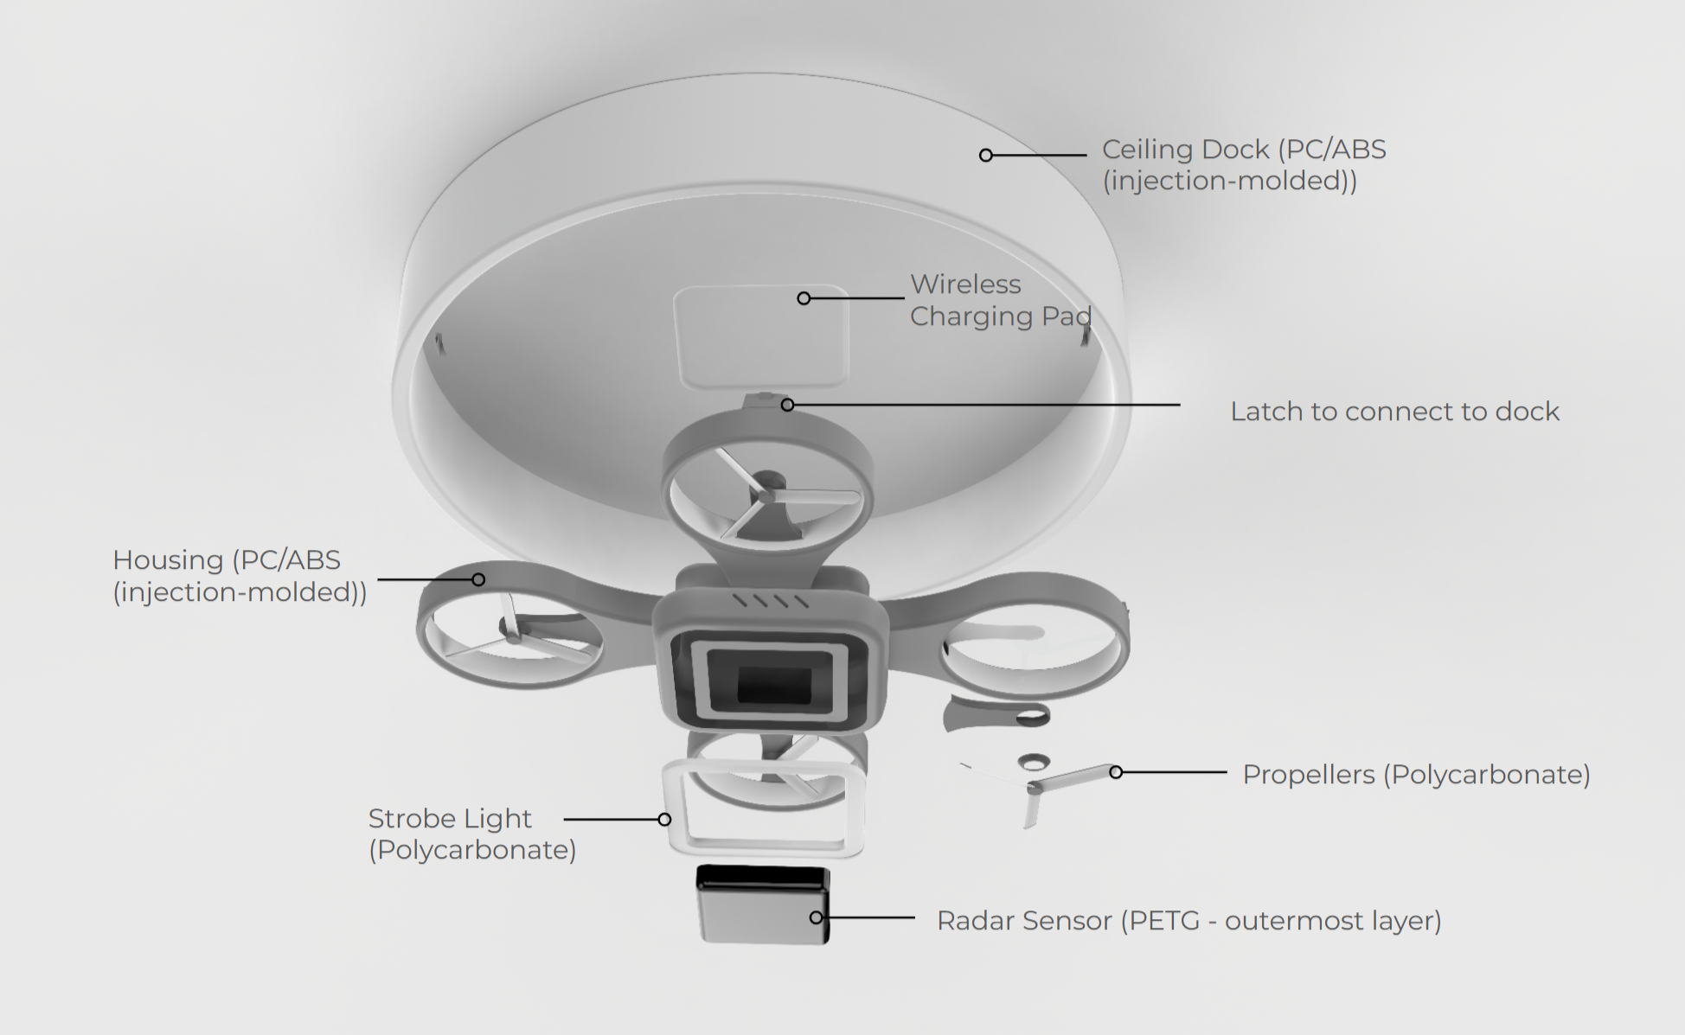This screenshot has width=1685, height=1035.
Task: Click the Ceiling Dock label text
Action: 1243,164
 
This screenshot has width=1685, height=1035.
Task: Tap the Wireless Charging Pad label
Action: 1000,300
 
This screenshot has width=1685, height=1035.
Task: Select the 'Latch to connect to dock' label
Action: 1394,412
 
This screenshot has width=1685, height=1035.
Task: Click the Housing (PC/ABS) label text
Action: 240,576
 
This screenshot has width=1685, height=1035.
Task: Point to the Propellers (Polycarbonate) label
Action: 1416,775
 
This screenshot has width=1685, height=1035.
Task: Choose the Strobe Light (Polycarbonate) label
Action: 471,834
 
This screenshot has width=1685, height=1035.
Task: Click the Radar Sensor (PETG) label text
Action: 1188,921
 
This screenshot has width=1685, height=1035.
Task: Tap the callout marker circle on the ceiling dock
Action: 986,156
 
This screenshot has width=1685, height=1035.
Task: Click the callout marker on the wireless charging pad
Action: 804,298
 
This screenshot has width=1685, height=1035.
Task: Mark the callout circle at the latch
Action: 787,405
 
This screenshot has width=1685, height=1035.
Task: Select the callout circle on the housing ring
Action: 478,579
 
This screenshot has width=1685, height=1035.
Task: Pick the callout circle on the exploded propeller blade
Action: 1116,772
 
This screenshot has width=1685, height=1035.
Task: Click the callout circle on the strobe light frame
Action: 664,819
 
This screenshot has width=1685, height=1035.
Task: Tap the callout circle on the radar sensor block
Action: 816,917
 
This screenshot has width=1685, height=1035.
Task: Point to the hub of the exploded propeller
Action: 1033,788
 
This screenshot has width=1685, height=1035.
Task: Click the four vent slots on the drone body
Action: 771,600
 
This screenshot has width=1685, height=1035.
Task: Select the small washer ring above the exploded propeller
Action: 1034,762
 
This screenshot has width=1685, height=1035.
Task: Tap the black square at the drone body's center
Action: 773,685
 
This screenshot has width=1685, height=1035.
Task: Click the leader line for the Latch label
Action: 986,405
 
